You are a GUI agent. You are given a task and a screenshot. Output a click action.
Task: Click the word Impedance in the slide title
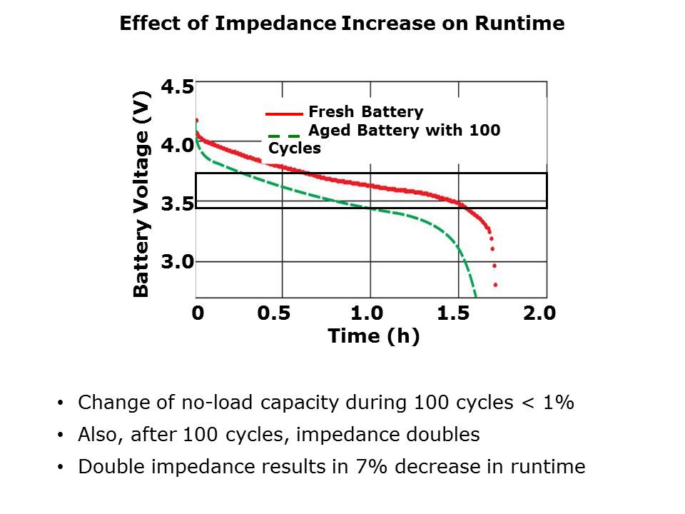pyautogui.click(x=275, y=24)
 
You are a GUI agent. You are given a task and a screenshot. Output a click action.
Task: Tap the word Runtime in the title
pyautogui.click(x=519, y=24)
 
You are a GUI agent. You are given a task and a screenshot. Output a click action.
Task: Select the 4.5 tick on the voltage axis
pyautogui.click(x=177, y=88)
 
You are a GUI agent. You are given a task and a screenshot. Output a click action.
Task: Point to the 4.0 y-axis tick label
pyautogui.click(x=177, y=146)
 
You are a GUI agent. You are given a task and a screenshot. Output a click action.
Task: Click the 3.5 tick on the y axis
pyautogui.click(x=177, y=204)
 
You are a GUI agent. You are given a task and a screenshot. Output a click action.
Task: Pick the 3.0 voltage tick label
pyautogui.click(x=177, y=262)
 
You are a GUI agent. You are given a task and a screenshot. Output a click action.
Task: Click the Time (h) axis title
pyautogui.click(x=373, y=336)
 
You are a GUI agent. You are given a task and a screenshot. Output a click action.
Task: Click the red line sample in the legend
pyautogui.click(x=284, y=114)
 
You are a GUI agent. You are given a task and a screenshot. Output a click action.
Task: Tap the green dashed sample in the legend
pyautogui.click(x=284, y=135)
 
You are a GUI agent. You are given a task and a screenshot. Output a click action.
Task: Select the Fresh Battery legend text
pyautogui.click(x=365, y=112)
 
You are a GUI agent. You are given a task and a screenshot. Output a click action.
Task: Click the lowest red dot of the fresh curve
pyautogui.click(x=495, y=285)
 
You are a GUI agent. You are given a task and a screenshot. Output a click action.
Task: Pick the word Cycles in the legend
pyautogui.click(x=295, y=148)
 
